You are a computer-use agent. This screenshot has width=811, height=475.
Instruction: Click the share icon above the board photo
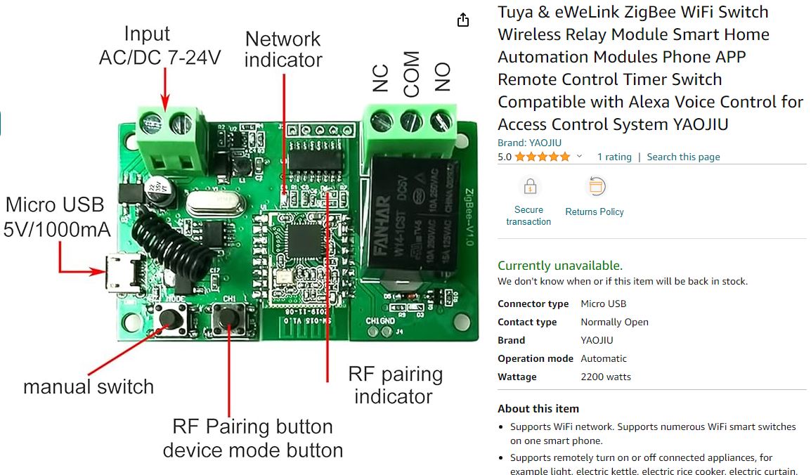pyautogui.click(x=462, y=20)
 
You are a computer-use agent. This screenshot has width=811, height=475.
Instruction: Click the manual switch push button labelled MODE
pyautogui.click(x=168, y=320)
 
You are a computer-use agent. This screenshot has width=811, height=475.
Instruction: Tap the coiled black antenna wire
pyautogui.click(x=159, y=242)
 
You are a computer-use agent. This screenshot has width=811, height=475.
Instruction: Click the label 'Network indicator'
pyautogui.click(x=283, y=49)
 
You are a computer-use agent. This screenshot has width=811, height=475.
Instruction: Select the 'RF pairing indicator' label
pyautogui.click(x=395, y=385)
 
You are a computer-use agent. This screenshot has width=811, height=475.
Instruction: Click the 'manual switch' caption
pyautogui.click(x=89, y=386)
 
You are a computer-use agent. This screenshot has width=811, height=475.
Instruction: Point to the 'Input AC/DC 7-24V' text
pyautogui.click(x=160, y=46)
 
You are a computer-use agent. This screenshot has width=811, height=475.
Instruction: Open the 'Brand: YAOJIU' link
pyautogui.click(x=529, y=143)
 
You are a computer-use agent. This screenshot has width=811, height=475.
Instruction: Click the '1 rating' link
pyautogui.click(x=614, y=157)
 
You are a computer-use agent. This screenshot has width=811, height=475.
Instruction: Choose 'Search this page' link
pyautogui.click(x=683, y=157)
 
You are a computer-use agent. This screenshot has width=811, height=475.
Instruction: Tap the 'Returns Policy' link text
pyautogui.click(x=595, y=212)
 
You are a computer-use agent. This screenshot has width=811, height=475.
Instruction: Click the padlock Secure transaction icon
pyautogui.click(x=529, y=187)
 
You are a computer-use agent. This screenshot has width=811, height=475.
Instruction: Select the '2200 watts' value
pyautogui.click(x=606, y=377)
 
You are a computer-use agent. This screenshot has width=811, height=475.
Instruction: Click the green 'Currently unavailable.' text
pyautogui.click(x=560, y=266)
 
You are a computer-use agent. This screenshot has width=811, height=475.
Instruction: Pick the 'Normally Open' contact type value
pyautogui.click(x=614, y=322)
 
